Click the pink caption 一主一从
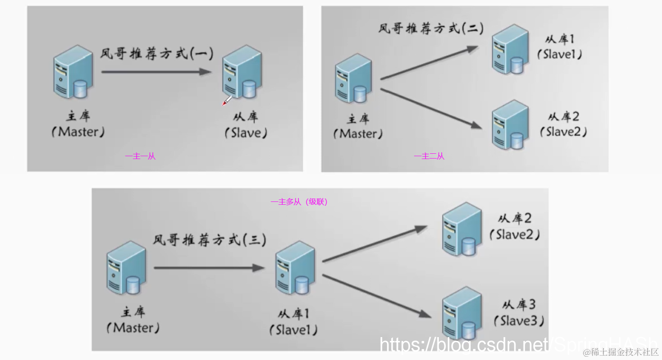(x=140, y=156)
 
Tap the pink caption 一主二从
(x=429, y=156)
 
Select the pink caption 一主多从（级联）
(x=299, y=202)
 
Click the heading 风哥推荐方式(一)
(x=157, y=53)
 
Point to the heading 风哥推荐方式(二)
(x=431, y=28)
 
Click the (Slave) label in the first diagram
(x=246, y=133)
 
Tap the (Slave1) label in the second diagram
(x=560, y=54)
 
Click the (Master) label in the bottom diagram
(x=133, y=328)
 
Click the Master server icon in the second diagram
(x=353, y=78)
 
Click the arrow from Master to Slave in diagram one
(x=156, y=72)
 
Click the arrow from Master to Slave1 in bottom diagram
(x=208, y=268)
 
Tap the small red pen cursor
(x=227, y=100)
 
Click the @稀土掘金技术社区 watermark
(x=621, y=352)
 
